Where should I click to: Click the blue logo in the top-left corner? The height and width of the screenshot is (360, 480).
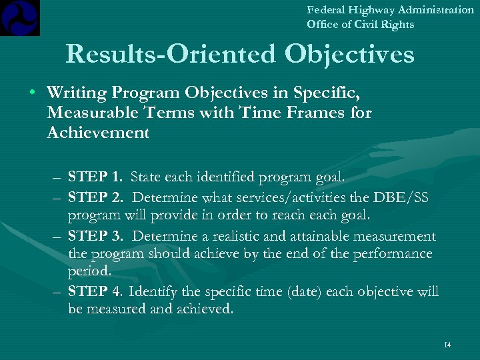20,17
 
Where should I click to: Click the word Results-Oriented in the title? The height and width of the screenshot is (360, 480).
171,55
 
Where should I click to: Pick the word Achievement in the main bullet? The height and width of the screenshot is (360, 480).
99,132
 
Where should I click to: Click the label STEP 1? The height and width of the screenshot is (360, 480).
95,177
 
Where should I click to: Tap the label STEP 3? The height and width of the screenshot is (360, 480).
95,237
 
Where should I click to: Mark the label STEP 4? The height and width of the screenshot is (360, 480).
95,291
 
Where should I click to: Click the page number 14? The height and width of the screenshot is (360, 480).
447,345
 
